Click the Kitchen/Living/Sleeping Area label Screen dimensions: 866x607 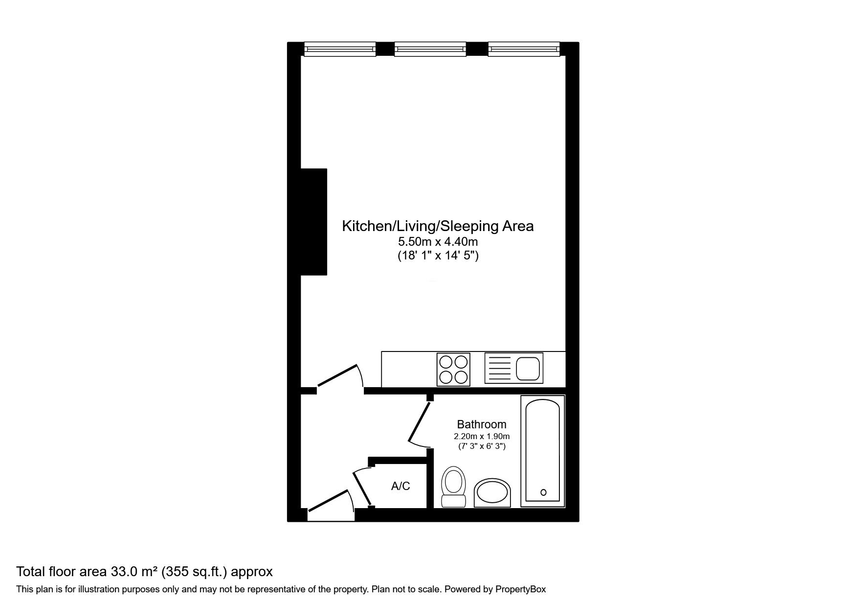click(x=438, y=226)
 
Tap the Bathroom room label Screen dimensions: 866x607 click(x=482, y=424)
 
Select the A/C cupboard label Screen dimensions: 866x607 click(x=400, y=486)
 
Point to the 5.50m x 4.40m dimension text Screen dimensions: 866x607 click(x=438, y=241)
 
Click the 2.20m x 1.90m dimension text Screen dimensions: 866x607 click(x=482, y=437)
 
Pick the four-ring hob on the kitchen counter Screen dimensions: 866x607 click(x=453, y=369)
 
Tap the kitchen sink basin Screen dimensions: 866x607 click(x=528, y=369)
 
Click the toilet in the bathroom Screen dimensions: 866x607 click(x=453, y=486)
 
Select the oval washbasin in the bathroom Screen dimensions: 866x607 click(x=492, y=492)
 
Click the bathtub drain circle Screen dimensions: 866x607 click(x=543, y=492)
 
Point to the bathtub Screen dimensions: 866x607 click(x=543, y=451)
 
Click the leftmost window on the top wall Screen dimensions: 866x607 click(x=340, y=49)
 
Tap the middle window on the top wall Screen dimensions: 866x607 click(x=430, y=49)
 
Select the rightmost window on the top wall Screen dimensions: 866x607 click(x=524, y=49)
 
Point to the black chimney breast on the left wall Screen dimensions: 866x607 click(x=313, y=222)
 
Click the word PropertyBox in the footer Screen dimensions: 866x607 click(x=520, y=589)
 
